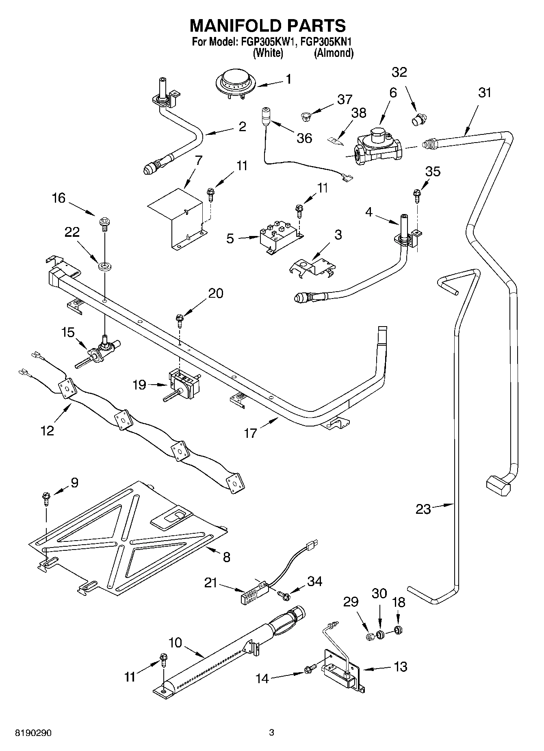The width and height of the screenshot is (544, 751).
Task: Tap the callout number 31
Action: pos(484,93)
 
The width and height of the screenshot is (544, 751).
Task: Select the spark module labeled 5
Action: pos(280,237)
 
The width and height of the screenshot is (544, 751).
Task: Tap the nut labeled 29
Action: pos(370,636)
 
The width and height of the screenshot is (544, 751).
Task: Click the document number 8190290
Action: pos(33,733)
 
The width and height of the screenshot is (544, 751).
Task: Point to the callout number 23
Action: pos(423,509)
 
